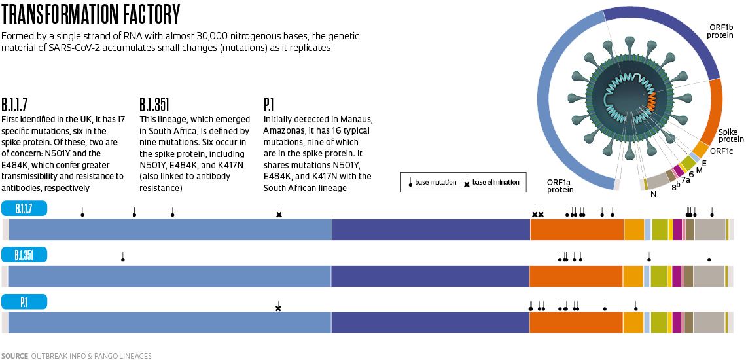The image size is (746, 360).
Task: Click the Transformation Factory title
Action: pos(92,14)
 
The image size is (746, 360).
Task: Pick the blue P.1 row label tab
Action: pos(25,302)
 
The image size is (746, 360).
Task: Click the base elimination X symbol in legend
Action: pos(467,183)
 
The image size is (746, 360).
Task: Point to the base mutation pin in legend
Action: pos(410,184)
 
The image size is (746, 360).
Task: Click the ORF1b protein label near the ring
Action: pos(719,31)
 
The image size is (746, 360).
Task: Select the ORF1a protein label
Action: pos(560,186)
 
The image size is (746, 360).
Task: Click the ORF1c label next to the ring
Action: pos(721,151)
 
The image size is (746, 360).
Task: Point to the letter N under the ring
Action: pos(653,194)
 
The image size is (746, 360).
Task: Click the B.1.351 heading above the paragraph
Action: pos(155,105)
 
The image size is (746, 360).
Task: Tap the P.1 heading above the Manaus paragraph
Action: pos(268,105)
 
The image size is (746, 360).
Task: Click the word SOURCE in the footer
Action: pos(14,356)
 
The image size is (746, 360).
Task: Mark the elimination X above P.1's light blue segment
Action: pos(278,308)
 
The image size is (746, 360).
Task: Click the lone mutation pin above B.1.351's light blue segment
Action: pos(122,258)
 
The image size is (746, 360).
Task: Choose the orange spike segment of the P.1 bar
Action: pos(576,323)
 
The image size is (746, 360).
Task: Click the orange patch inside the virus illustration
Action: pos(651,101)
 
